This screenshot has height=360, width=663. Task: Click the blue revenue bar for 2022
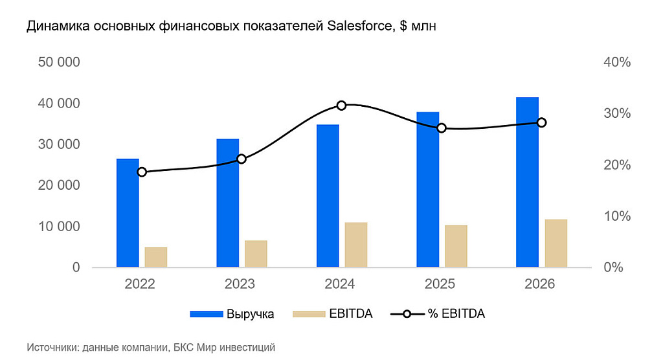[x=128, y=212]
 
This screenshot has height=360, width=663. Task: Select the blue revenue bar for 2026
[x=527, y=182]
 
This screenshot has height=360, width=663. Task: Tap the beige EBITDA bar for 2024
[x=356, y=244]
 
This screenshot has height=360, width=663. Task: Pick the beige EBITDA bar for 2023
[x=256, y=253]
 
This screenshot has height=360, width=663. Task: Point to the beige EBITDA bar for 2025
[x=456, y=245]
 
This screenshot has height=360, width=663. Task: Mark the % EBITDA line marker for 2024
[x=342, y=106]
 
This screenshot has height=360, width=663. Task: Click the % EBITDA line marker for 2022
[x=142, y=172]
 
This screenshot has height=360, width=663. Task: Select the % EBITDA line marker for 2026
[x=541, y=122]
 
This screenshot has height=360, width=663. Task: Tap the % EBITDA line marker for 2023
[x=242, y=159]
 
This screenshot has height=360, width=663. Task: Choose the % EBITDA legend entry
[x=438, y=314]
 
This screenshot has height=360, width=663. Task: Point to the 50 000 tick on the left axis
[x=58, y=62]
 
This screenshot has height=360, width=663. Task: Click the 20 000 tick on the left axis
[x=58, y=185]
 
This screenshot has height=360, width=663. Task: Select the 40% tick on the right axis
[x=616, y=62]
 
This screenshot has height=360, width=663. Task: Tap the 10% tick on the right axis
[x=616, y=216]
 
